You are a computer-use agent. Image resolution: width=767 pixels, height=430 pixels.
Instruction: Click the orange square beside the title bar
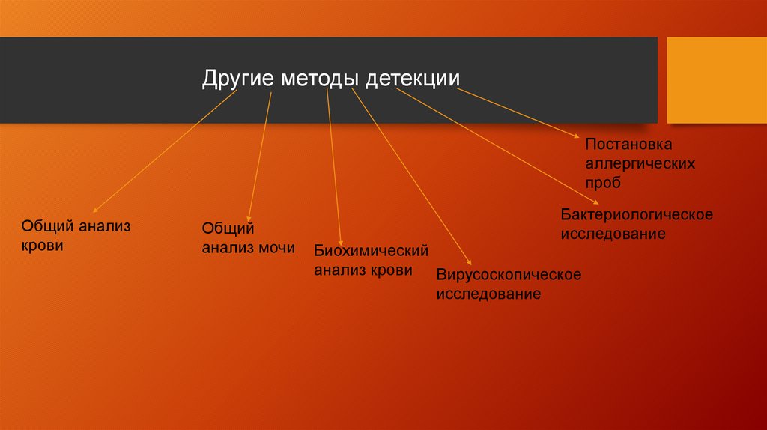click(717, 80)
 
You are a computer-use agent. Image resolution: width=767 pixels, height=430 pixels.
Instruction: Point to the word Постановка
click(629, 143)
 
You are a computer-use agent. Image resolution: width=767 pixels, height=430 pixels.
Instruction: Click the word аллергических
click(640, 163)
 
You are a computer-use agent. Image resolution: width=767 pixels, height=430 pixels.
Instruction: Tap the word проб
click(604, 182)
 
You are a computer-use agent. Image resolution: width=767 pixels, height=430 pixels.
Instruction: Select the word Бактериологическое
click(637, 215)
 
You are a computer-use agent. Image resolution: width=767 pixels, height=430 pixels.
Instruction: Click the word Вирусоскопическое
click(509, 275)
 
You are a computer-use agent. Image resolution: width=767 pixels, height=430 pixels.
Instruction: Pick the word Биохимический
click(371, 250)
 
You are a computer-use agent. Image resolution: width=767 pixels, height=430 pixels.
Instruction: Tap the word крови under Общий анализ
click(42, 245)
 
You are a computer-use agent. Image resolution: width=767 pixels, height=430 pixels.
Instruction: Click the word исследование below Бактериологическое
click(613, 234)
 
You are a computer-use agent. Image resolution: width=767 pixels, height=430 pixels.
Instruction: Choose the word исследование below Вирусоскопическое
click(489, 294)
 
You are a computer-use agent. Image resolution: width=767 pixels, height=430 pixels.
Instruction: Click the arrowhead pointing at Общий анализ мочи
click(249, 217)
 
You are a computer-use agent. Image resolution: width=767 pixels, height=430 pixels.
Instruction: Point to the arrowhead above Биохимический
click(341, 240)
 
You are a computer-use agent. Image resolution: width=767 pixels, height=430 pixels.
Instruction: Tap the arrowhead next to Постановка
click(577, 137)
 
